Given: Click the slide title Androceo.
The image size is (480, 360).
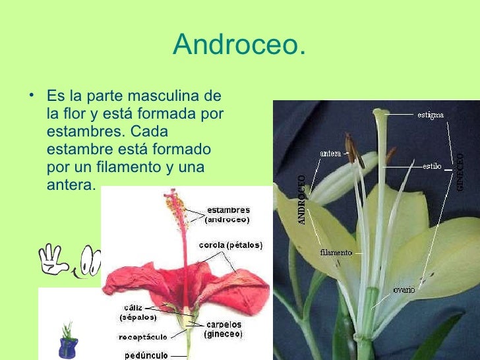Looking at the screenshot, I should click(x=239, y=45).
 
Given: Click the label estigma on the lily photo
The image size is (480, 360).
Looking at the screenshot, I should click(x=431, y=114).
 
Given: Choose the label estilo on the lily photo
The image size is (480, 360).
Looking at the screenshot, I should click(x=432, y=166).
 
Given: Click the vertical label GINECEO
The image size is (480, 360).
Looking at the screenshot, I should click(x=460, y=172).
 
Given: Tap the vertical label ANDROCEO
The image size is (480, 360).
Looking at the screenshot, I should click(x=302, y=200).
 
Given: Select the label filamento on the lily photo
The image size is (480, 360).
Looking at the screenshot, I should click(x=336, y=252).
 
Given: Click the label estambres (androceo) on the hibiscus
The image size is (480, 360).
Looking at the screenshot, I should click(x=228, y=215).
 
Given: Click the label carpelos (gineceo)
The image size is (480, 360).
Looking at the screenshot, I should click(x=224, y=329).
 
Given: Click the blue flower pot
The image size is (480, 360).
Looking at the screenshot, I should click(x=68, y=345).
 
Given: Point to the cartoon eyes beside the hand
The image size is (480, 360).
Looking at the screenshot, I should click(x=92, y=262).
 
